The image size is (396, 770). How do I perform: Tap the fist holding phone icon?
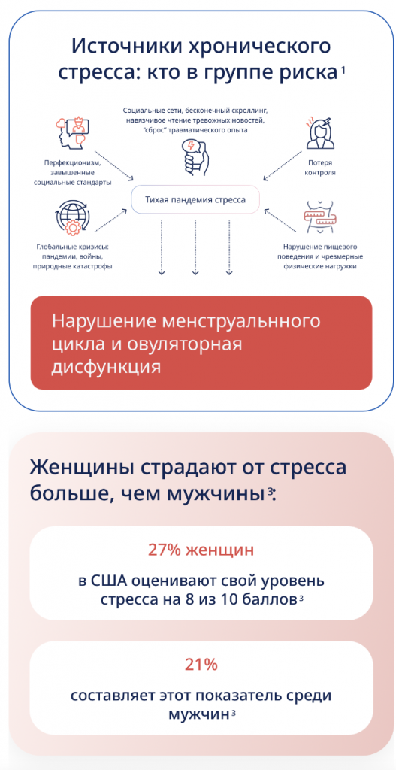pyautogui.click(x=194, y=156)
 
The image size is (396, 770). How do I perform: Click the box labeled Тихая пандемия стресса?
pyautogui.click(x=195, y=199)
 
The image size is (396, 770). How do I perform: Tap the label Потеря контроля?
pyautogui.click(x=322, y=167)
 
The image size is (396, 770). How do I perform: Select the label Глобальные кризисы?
pyautogui.click(x=74, y=247)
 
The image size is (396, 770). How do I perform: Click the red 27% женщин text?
pyautogui.click(x=201, y=550)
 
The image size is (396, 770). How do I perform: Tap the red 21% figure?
pyautogui.click(x=201, y=665)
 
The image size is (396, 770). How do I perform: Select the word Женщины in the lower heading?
pyautogui.click(x=81, y=467)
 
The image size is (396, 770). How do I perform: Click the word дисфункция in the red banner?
pyautogui.click(x=106, y=366)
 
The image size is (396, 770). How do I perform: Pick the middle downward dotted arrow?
pyautogui.click(x=195, y=247)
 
